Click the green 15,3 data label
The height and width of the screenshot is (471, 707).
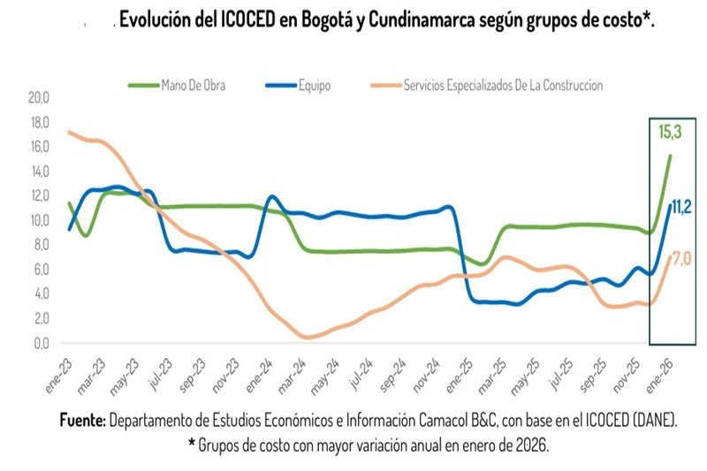(669, 133)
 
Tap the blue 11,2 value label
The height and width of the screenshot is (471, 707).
(681, 207)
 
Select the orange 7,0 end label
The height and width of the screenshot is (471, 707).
(681, 257)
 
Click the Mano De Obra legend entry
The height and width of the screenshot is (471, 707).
(187, 86)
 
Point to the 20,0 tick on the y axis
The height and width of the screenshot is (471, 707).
(41, 98)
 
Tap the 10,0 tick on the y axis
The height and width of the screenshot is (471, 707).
(41, 221)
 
